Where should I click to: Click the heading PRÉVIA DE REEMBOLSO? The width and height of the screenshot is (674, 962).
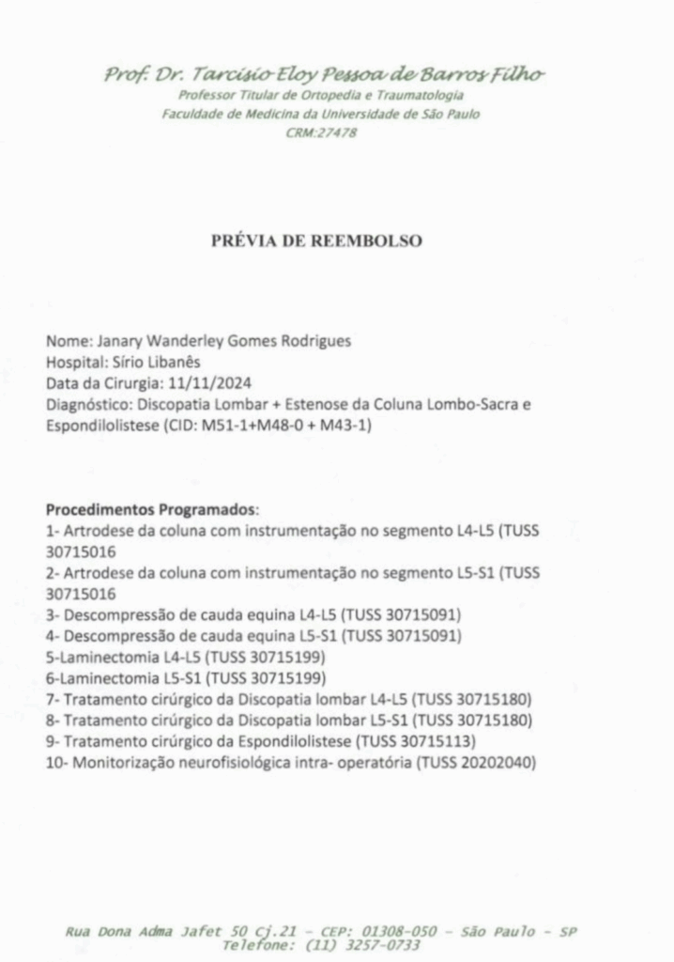click(x=316, y=240)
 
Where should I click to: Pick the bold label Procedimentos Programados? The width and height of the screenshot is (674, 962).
click(x=150, y=510)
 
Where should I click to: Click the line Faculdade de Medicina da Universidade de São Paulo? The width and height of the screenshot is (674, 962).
click(x=320, y=114)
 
